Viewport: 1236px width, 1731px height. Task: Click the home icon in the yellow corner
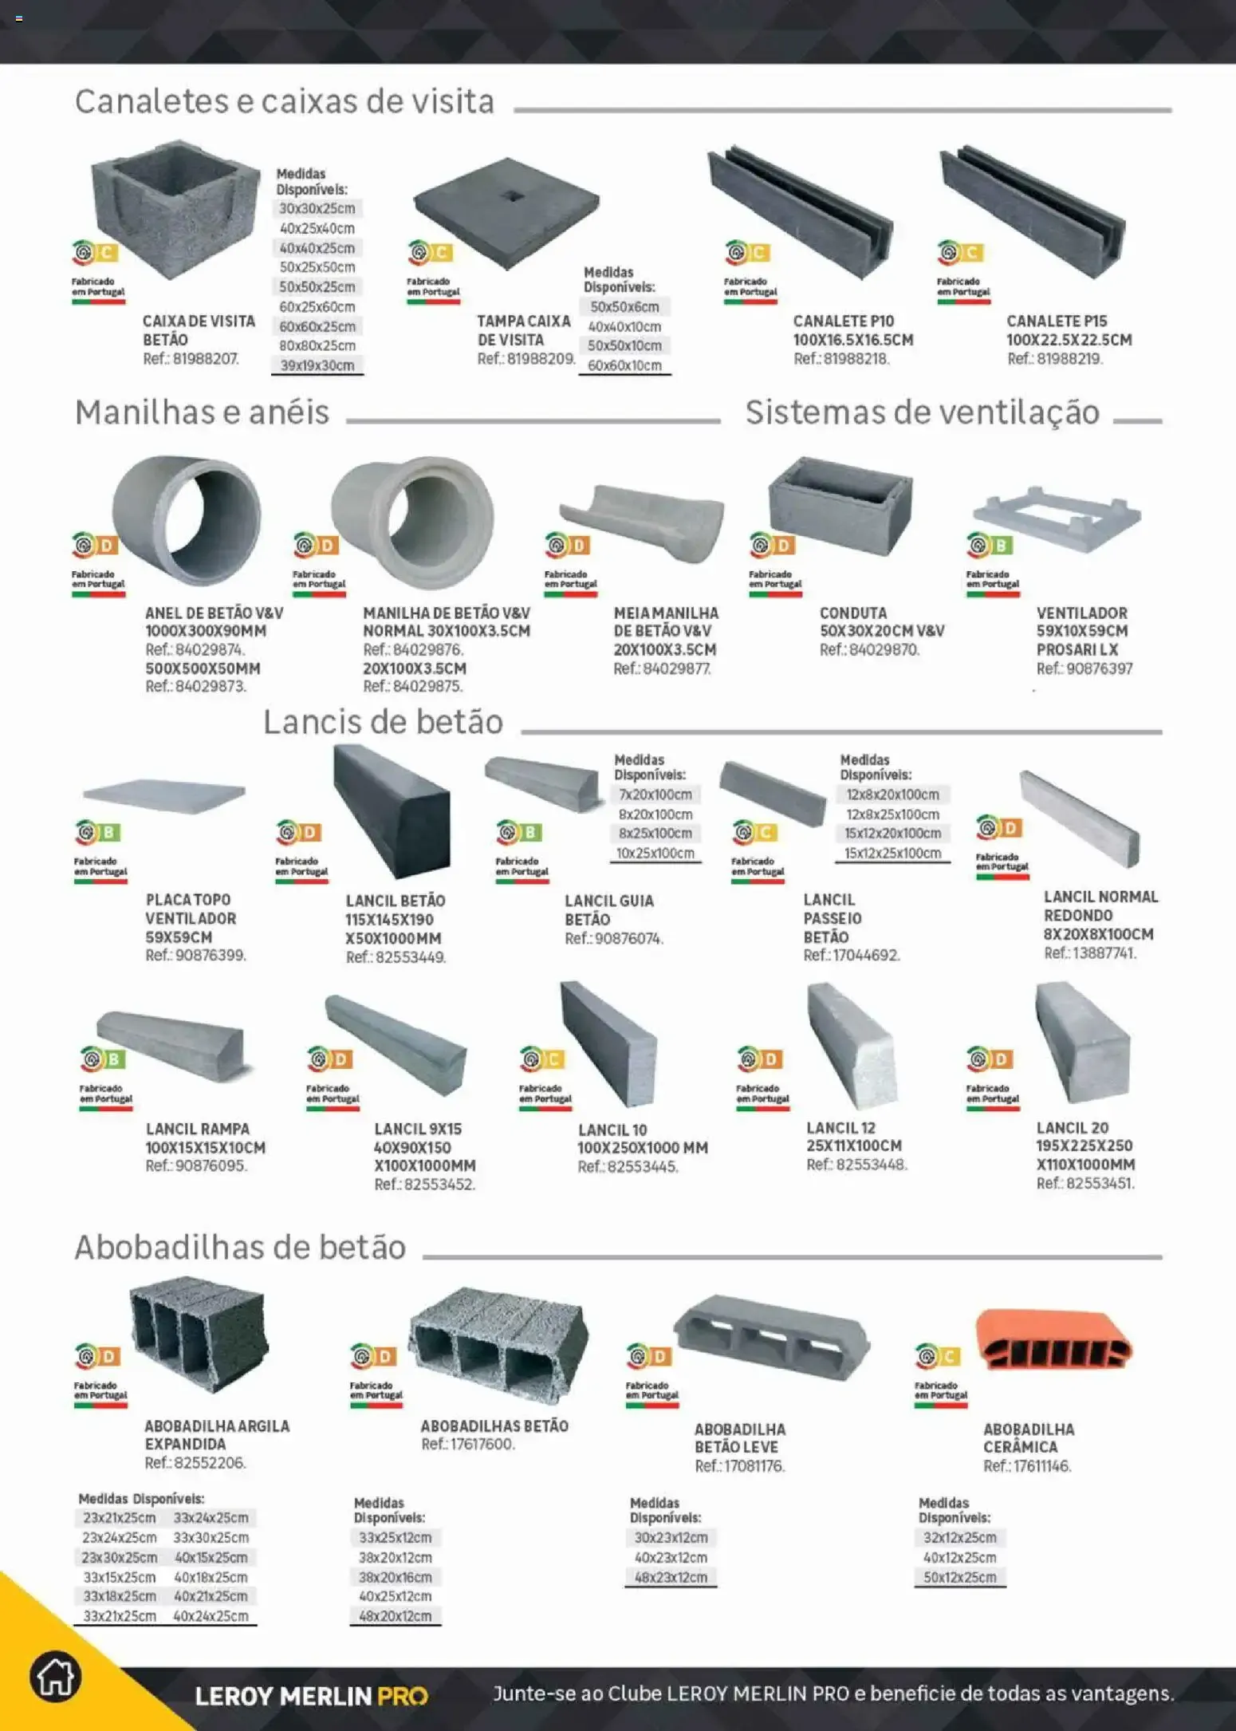tap(55, 1676)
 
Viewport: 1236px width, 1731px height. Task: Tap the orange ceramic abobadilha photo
tap(1054, 1339)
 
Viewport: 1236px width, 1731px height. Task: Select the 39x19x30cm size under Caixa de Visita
tap(317, 365)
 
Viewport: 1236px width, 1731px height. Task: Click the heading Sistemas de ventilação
tap(923, 412)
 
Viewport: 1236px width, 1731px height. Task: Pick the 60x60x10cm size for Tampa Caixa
tap(624, 365)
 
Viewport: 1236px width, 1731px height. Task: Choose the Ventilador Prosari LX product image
tap(1057, 518)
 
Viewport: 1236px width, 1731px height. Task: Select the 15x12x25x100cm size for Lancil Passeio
tap(893, 854)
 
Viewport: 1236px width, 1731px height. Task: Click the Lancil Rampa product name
tap(198, 1129)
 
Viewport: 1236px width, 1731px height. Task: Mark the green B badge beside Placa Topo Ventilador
tap(110, 833)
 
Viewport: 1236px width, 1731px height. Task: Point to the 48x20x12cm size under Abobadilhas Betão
tap(395, 1616)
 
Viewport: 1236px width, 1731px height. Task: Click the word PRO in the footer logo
tap(403, 1695)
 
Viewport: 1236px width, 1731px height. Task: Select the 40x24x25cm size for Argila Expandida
tap(211, 1616)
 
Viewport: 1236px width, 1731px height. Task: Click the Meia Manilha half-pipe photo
tap(643, 522)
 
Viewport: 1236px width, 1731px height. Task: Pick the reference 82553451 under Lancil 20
tap(1085, 1183)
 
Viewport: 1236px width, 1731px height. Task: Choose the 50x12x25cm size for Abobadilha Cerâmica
tap(960, 1577)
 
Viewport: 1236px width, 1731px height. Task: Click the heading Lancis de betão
tap(384, 722)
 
